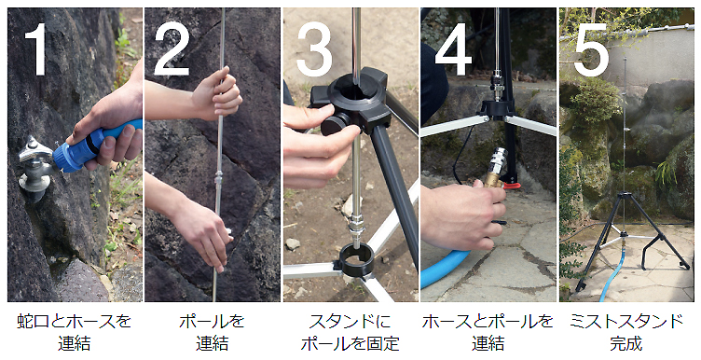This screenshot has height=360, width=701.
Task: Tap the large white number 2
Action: [x=172, y=48]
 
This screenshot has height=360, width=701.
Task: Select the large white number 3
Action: [x=314, y=48]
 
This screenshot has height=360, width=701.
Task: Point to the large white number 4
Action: [x=453, y=48]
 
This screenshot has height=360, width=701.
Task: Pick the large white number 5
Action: [x=591, y=48]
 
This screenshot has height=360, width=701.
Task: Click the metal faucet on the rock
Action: [x=34, y=168]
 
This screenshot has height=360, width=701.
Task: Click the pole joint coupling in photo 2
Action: [x=219, y=179]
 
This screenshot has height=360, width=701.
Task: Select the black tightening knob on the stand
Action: [x=337, y=124]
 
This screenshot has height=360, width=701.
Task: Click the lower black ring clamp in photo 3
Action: [x=356, y=260]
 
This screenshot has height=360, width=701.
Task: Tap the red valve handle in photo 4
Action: [x=513, y=185]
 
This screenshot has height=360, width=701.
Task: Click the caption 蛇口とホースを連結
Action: [x=75, y=332]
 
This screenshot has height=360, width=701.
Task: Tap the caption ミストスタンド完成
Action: [x=626, y=332]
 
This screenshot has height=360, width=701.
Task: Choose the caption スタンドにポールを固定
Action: [x=350, y=332]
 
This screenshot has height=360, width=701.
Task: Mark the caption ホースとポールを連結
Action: [x=488, y=332]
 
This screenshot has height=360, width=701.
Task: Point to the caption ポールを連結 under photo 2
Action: [x=212, y=332]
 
